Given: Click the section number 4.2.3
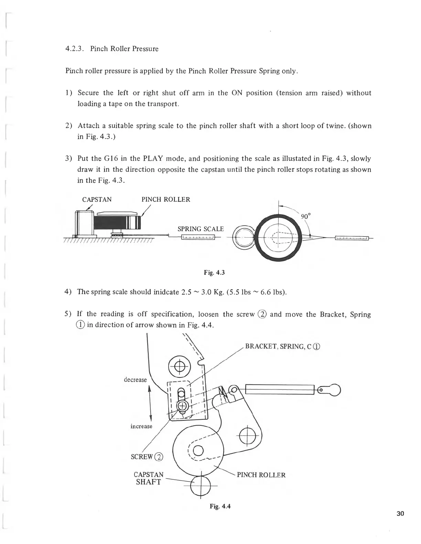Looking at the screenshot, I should pos(75,49).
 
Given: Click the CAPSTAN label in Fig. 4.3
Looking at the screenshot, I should pos(97,200).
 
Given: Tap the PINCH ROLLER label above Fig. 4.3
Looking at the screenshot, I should pos(166,200).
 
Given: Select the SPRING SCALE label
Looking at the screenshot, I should pos(201,229).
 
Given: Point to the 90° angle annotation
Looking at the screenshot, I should pos(306,216).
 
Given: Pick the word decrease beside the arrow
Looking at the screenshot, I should pos(135,379).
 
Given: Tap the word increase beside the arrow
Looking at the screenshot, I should pos(141,426).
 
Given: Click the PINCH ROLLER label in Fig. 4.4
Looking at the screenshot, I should pos(261,475).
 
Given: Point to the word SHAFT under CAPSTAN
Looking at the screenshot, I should pos(148,482).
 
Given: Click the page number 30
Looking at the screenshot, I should pos(400,514).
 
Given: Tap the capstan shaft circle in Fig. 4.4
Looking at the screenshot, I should pos(201,486).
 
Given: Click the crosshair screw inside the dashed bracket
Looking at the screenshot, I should pos(182,406).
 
